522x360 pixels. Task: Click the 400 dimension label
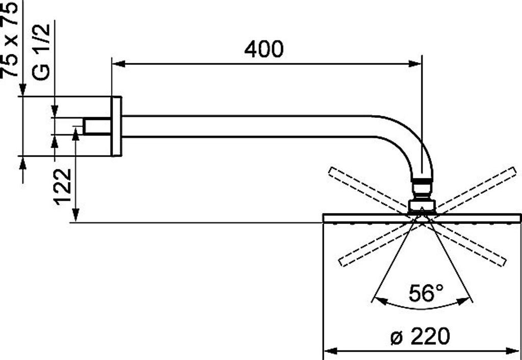pos(264,49)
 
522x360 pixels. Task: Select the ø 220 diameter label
pos(421,337)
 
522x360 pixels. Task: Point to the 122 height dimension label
pos(63,186)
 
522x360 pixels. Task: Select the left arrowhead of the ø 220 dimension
pos(331,351)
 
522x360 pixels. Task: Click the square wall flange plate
pos(116,126)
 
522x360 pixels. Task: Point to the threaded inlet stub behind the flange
pos(96,126)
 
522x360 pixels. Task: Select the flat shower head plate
pos(422,218)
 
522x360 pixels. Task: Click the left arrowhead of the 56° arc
pos(379,299)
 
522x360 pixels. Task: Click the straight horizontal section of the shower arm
pos(245,126)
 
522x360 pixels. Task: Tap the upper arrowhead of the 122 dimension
pos(75,134)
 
